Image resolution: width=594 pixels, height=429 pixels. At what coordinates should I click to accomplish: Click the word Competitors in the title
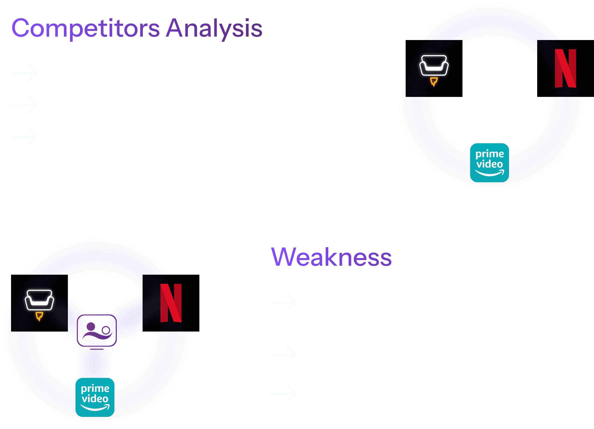tap(85, 28)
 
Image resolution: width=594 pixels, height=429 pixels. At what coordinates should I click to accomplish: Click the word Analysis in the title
tap(214, 28)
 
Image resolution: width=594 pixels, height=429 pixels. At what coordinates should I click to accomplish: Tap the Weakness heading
tap(331, 257)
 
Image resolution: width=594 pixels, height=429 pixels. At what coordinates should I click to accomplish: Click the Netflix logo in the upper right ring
tap(565, 68)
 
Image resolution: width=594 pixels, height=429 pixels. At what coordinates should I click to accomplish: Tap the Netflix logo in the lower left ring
tap(171, 303)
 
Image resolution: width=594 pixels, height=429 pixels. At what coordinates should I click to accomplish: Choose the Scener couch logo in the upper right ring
tap(434, 68)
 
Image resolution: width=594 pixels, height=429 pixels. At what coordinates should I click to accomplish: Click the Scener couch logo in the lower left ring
tap(39, 303)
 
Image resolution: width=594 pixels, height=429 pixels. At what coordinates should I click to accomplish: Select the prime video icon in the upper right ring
tap(490, 162)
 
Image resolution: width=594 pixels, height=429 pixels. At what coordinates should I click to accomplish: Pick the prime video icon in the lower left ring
tap(95, 397)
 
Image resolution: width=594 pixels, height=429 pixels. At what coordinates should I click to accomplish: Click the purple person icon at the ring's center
tap(97, 331)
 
